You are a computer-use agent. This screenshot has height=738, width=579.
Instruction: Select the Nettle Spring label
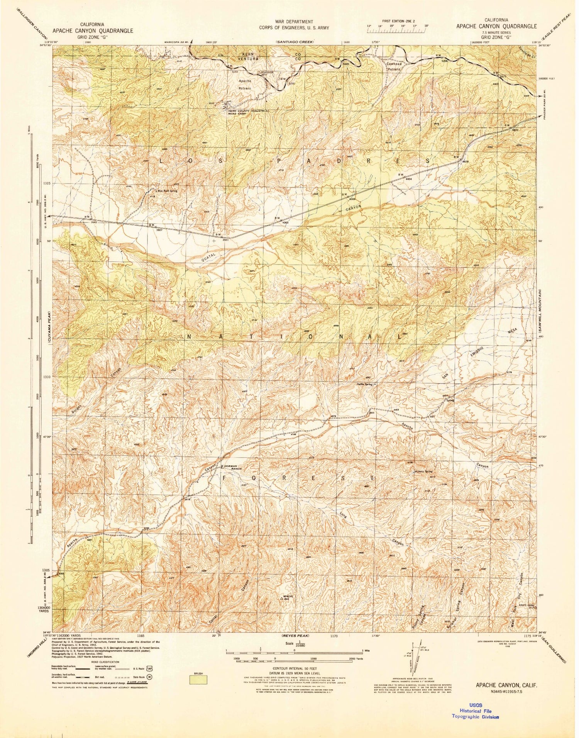[364, 384]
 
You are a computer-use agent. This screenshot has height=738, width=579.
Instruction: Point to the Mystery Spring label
[423, 472]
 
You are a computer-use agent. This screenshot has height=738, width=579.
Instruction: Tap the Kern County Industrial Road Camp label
[248, 112]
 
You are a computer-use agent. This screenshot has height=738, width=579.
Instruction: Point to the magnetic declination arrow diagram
[419, 656]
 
